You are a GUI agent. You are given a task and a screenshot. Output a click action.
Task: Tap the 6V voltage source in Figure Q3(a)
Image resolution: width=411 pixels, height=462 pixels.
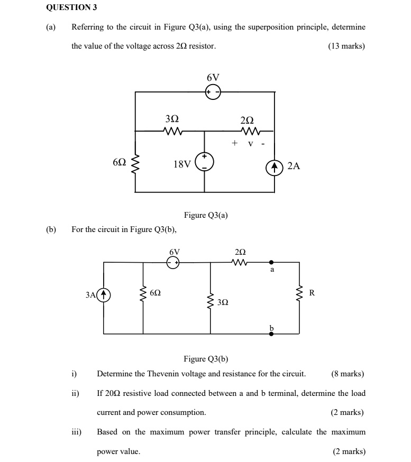(x=213, y=92)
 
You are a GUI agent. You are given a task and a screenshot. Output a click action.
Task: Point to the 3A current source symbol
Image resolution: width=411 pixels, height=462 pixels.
(x=104, y=294)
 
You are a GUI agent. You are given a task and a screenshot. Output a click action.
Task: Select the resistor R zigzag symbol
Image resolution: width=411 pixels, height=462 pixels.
(x=300, y=294)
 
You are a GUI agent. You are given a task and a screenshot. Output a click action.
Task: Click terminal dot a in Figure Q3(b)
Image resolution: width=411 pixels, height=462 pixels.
(x=271, y=262)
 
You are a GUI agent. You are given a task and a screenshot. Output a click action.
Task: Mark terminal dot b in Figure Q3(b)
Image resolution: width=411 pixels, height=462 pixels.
(x=271, y=334)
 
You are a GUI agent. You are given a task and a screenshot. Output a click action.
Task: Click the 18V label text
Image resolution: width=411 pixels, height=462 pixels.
(x=181, y=164)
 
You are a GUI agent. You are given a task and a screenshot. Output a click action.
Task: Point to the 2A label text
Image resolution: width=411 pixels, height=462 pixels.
(x=294, y=166)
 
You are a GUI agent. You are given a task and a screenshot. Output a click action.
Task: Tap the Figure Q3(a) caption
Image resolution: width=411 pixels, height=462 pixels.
(x=206, y=215)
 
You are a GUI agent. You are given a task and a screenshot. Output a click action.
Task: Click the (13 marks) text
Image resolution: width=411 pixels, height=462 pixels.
(x=346, y=46)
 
